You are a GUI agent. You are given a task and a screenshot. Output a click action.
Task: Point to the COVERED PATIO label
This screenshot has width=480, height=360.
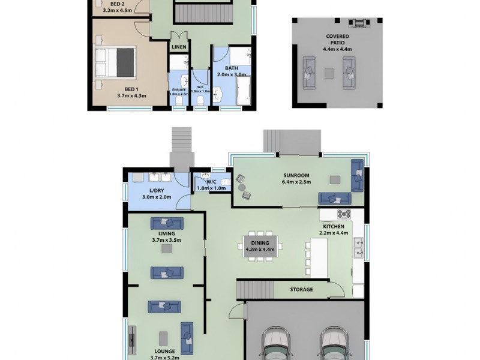338,40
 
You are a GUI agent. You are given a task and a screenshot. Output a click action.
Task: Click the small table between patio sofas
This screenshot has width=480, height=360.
329,73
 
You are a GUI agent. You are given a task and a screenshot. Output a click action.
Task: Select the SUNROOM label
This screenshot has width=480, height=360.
297,175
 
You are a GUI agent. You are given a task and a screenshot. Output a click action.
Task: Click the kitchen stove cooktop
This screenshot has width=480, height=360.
344,213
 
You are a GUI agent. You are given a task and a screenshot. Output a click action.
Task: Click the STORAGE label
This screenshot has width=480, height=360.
302,289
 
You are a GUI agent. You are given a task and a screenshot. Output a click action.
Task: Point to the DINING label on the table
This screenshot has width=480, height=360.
260,242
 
